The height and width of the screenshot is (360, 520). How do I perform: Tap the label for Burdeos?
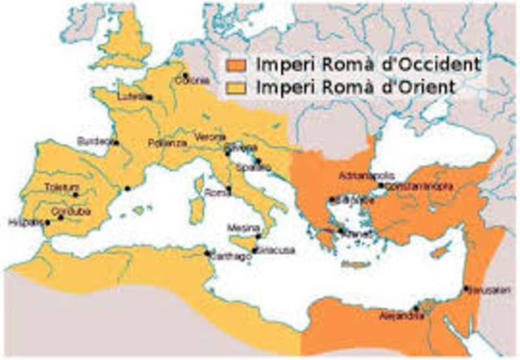coord(93,141)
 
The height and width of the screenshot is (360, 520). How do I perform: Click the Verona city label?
coord(211,137)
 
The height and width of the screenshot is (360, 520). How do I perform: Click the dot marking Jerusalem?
coord(467,288)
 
